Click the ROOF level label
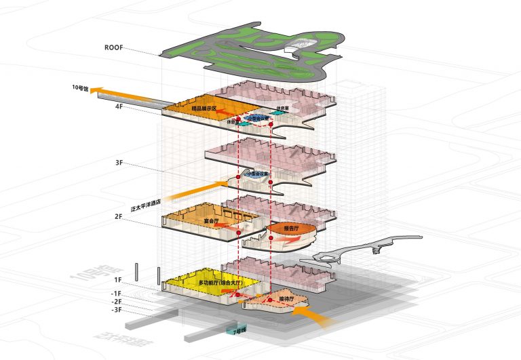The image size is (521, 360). [x=113, y=48]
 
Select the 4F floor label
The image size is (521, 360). [x=119, y=106]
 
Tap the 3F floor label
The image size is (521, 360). [x=119, y=163]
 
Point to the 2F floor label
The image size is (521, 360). [x=119, y=217]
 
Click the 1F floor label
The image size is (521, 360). [x=118, y=279]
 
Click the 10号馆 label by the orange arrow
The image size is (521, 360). [x=80, y=88]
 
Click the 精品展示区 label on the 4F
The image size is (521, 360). [x=204, y=108]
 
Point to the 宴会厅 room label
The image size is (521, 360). [x=211, y=221]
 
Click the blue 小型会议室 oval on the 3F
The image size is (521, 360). [x=258, y=174]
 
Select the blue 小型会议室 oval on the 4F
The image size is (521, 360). [x=258, y=117]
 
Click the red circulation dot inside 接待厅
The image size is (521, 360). [x=270, y=300]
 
